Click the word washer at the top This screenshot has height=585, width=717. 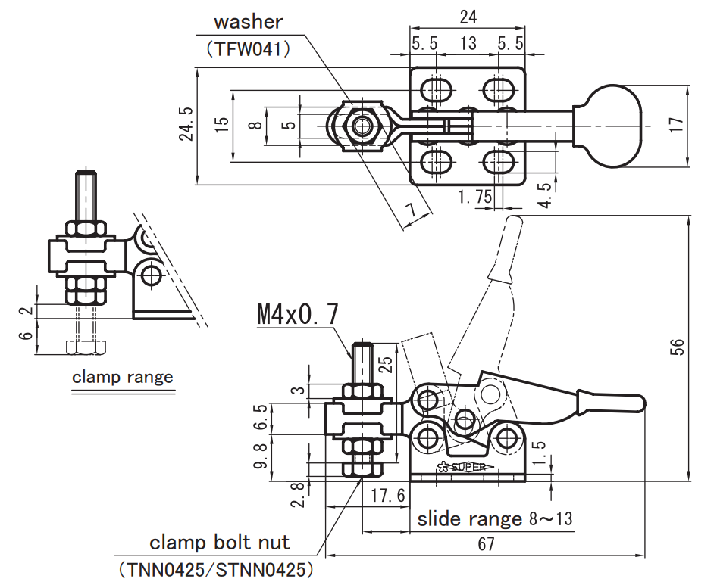point(249,22)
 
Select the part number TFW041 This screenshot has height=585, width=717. point(249,49)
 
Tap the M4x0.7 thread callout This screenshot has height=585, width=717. point(298,314)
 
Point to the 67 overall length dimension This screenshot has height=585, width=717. point(486,544)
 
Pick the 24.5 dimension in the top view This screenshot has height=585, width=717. point(186,123)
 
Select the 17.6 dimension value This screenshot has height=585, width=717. point(388,495)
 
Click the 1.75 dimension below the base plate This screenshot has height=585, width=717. point(475,196)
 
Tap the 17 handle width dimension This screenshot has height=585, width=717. point(676,125)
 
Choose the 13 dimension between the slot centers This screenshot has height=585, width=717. point(468,43)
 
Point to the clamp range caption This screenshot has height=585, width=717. point(123,377)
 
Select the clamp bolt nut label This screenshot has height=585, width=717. point(220,543)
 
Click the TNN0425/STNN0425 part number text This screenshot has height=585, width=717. point(216,569)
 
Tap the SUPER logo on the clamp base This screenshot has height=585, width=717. point(466,467)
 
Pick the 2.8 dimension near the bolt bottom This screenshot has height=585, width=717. point(299,495)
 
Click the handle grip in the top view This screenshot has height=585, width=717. point(607,125)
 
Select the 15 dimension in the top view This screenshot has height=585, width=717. point(221,124)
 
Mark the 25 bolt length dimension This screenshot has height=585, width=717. point(387,365)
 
